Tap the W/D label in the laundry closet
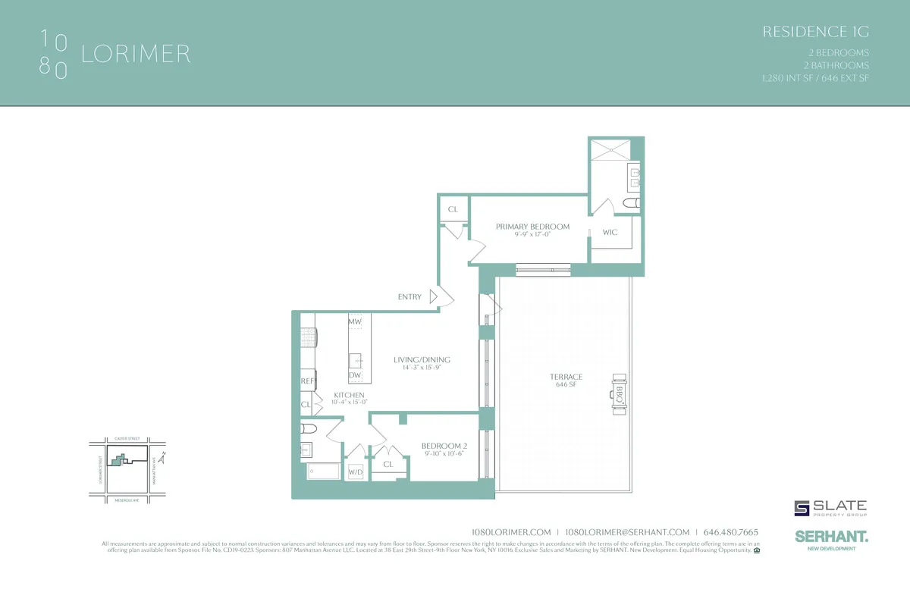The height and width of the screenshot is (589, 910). click(355, 472)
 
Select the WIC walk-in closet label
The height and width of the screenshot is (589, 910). click(610, 232)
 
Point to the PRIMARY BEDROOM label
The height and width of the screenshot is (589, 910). click(532, 227)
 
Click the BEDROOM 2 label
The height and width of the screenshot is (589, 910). click(444, 446)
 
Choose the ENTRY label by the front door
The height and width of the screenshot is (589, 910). click(409, 297)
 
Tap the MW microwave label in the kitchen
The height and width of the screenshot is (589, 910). click(354, 322)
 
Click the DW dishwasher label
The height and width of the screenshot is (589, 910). click(354, 375)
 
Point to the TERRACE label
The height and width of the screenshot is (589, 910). click(566, 377)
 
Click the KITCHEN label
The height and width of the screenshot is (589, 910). click(350, 395)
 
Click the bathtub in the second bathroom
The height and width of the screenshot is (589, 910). click(324, 471)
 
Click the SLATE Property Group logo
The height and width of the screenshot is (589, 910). click(830, 509)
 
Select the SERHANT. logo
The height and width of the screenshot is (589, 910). click(831, 537)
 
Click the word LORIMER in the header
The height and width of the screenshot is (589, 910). click(136, 55)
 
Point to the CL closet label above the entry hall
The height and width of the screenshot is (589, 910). click(453, 209)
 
